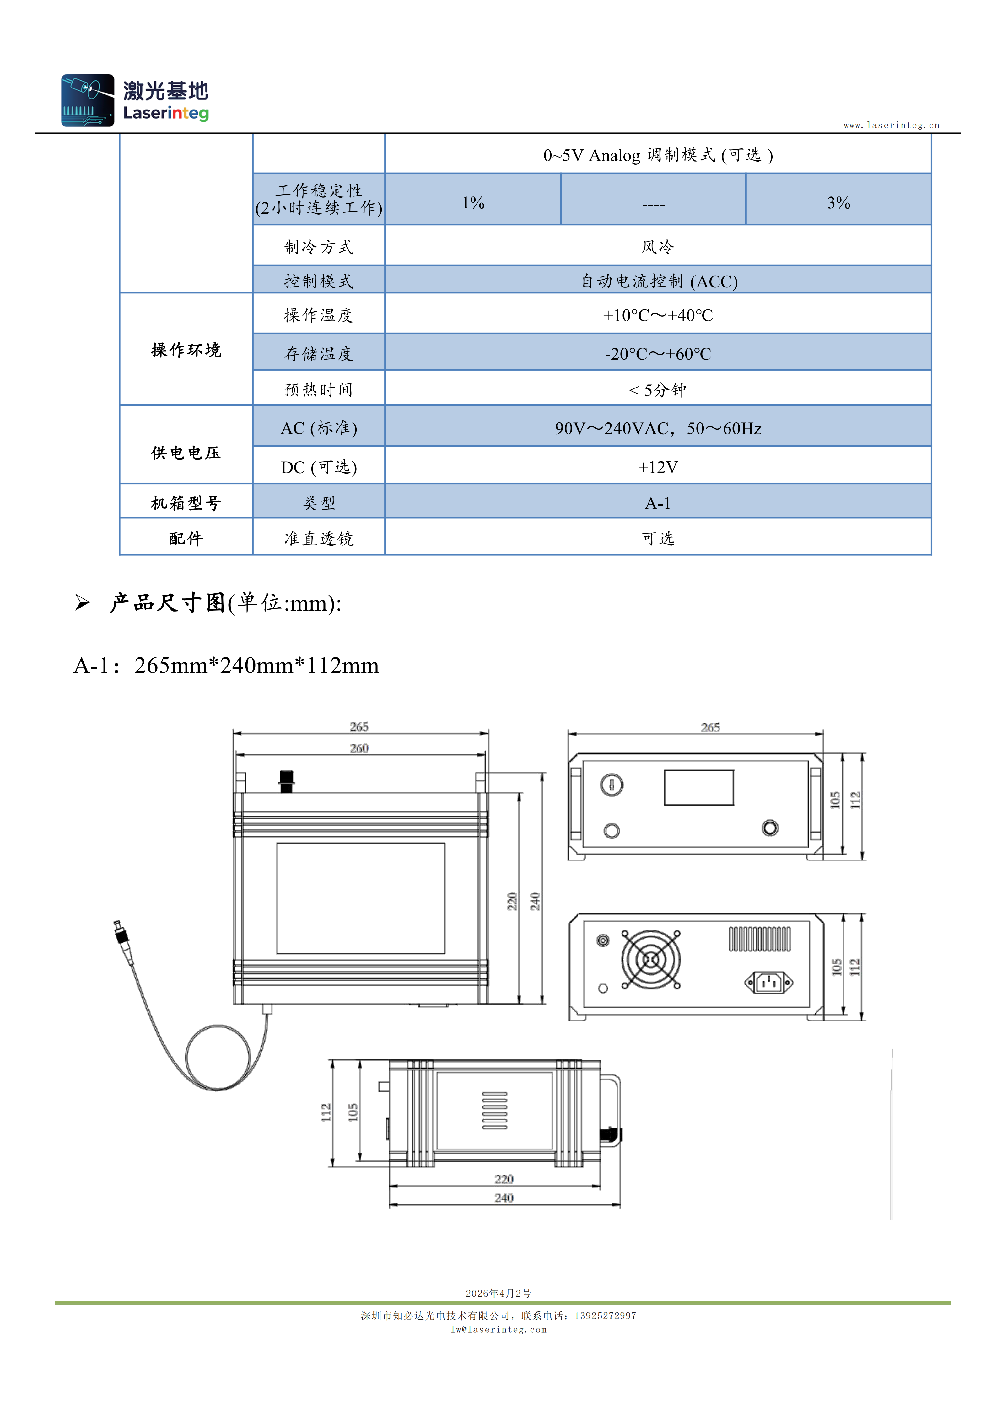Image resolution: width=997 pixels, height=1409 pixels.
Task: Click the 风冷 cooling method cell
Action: (x=658, y=245)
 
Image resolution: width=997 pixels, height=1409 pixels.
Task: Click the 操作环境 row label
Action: (x=186, y=350)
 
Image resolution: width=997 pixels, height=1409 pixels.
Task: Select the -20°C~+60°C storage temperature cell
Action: (x=658, y=352)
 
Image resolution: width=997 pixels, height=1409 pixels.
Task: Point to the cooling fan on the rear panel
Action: (x=651, y=959)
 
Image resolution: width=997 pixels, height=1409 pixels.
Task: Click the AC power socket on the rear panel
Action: (x=768, y=983)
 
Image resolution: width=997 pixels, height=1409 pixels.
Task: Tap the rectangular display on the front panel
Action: (x=699, y=787)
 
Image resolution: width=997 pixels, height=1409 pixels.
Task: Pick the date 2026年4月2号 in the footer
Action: (x=498, y=1293)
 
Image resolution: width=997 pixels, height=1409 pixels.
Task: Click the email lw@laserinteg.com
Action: (x=498, y=1329)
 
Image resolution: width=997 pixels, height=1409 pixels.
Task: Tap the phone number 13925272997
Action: (x=605, y=1315)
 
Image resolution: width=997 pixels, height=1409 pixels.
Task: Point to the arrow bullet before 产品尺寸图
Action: (x=82, y=603)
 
